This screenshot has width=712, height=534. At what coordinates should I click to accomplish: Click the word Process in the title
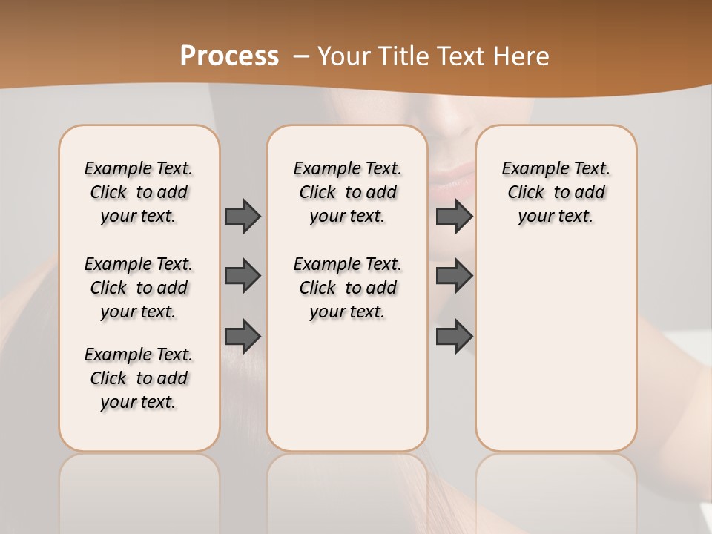tap(229, 56)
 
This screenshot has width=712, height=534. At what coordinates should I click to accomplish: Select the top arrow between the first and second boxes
tap(243, 216)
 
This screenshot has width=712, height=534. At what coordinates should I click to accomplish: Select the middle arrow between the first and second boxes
tap(243, 277)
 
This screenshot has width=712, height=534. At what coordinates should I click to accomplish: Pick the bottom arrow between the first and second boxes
tap(243, 337)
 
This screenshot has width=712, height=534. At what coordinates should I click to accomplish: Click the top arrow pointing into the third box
tap(454, 216)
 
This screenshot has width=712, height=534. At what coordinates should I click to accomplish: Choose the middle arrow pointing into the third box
tap(454, 277)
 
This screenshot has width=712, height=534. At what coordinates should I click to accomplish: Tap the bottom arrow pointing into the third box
tap(454, 337)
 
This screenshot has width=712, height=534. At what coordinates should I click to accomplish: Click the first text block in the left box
tap(139, 192)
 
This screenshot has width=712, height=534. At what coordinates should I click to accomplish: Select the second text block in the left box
tap(139, 288)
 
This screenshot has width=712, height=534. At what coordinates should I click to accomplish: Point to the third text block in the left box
tap(139, 378)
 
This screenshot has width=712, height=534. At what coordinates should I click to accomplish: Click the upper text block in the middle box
tap(347, 192)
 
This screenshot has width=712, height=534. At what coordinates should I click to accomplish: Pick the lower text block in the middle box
tap(347, 288)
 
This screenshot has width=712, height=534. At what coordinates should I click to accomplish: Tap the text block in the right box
tap(556, 192)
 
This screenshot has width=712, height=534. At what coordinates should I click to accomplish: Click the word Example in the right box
tap(530, 169)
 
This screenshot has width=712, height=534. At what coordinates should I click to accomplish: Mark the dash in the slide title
tap(301, 56)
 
